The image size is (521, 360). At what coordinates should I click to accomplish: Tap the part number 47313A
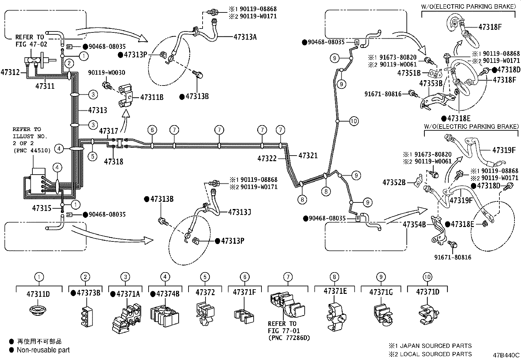pos(245,37)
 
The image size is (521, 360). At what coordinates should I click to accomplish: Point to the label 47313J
pos(240,212)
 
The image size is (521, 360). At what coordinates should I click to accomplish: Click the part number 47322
pos(267,159)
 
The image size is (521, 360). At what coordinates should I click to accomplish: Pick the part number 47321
pos(308,156)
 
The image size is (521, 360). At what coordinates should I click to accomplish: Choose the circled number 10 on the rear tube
pos(354,121)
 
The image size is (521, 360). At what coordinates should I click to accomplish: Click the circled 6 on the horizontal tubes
pos(152,130)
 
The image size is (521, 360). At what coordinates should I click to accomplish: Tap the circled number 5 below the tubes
pos(93,156)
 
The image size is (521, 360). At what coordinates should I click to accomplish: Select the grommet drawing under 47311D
pos(39,310)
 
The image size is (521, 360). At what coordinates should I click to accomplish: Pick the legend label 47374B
pos(168,294)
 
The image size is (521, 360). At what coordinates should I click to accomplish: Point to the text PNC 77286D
pos(289,338)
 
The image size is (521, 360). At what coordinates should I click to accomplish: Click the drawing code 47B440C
pos(506,355)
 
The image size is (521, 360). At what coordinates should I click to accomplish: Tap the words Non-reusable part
pos(43,350)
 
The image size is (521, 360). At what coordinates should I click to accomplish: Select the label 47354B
pos(414,224)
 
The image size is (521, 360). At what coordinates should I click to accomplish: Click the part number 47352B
pos(394,182)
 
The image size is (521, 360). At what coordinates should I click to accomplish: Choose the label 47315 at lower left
pos(42,208)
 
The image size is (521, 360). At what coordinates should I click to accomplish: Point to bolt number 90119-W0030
pos(106,72)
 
